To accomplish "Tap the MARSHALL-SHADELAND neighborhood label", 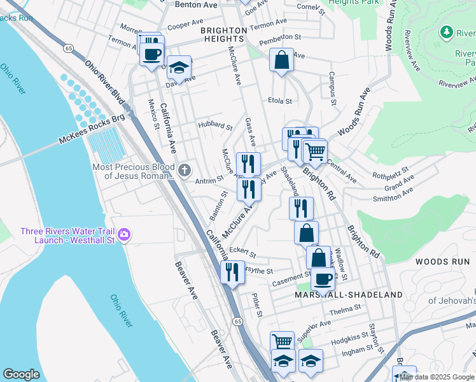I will coord(349,295).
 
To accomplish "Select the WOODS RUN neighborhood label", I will coord(442,262).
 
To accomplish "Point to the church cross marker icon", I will coord(185,170).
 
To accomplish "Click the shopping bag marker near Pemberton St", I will coord(281,61).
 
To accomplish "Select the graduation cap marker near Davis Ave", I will coord(179,68).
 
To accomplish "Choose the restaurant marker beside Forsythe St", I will coord(232,272).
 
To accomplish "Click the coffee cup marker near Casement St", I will coord(323,279).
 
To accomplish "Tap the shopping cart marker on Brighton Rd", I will coord(314,152).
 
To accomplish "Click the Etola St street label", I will coord(279,101).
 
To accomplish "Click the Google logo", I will coord(22,374).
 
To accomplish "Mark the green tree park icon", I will coord(447,32).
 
